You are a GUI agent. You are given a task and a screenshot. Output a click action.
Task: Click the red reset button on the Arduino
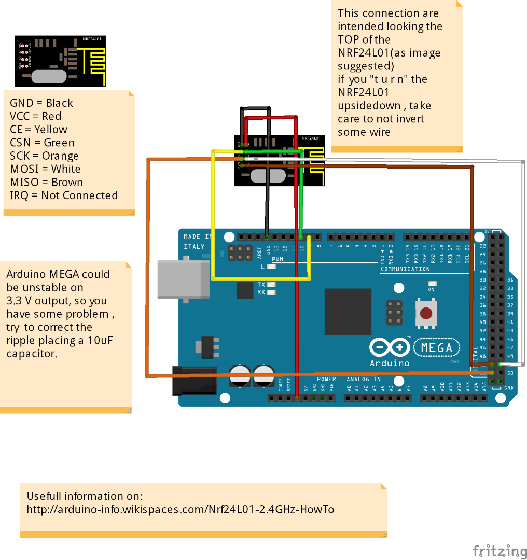426,313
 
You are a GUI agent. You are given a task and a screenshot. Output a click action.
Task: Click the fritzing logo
500,551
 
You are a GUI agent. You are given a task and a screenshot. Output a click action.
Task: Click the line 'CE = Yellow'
38,129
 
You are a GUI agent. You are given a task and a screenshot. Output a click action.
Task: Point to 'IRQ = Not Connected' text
63,195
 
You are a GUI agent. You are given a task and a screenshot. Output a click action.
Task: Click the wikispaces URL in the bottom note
180,509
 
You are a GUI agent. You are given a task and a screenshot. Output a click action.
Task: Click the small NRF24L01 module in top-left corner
60,61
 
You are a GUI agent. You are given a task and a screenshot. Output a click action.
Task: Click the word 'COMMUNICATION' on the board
405,269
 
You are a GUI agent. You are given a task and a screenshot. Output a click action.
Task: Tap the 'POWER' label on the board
326,379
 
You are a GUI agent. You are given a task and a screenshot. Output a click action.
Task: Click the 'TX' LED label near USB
261,285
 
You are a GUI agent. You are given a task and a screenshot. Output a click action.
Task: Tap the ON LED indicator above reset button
432,284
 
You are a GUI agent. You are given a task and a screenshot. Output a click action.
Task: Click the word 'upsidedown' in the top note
368,106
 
